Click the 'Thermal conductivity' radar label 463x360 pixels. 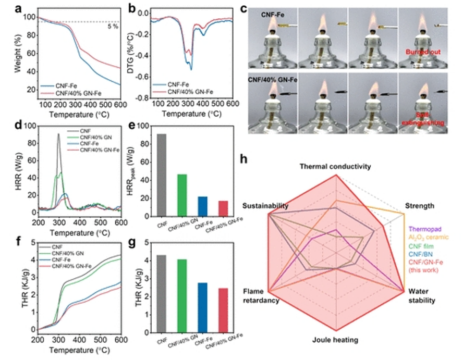[x=335, y=167]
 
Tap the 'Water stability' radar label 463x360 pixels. [x=421, y=296]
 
